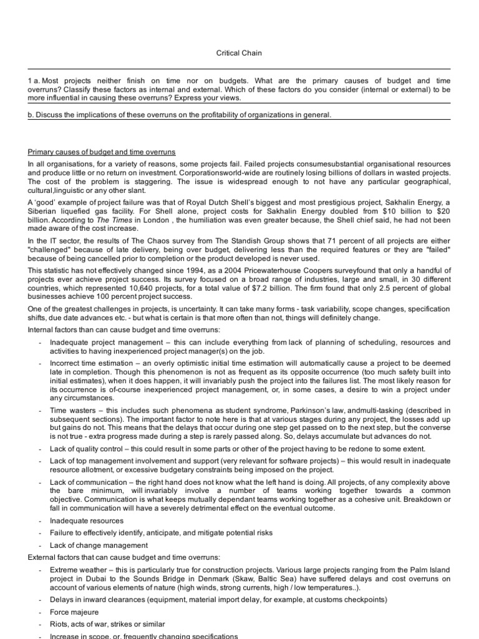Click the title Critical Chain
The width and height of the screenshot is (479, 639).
tap(239, 53)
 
